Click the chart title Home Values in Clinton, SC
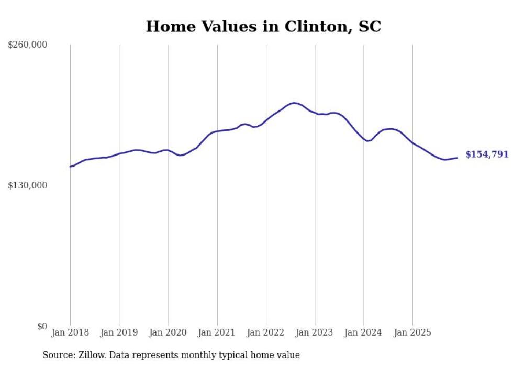coord(263,27)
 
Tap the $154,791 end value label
coord(487,154)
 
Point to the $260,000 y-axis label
coord(27,45)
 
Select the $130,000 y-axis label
coord(27,186)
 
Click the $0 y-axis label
coord(42,327)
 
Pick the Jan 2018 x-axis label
coord(70,333)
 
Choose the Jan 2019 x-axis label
coord(119,333)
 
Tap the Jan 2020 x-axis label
coord(168,333)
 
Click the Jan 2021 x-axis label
coord(217,333)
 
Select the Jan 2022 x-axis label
coord(266,333)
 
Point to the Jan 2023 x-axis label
coord(315,333)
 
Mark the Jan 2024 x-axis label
coord(364,333)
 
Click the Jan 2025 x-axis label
coord(412,333)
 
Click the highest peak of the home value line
coord(294,103)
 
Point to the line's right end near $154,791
coord(457,158)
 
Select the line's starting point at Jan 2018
coord(70,167)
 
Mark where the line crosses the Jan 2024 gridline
coord(364,139)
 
